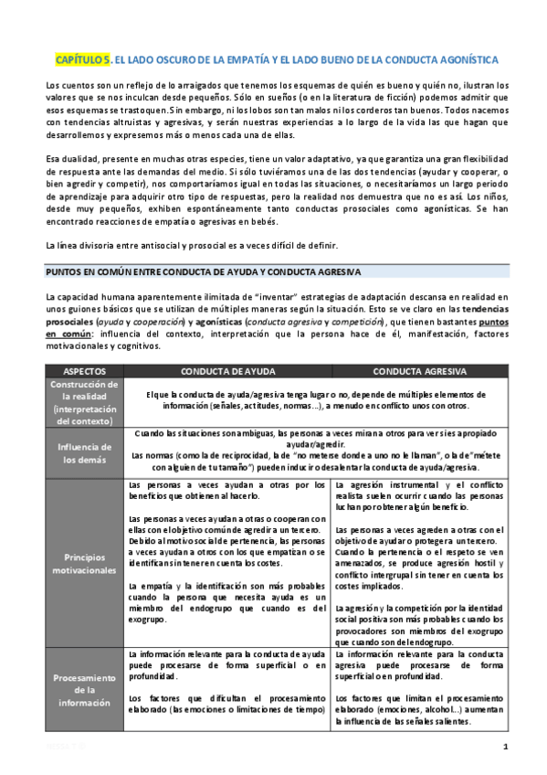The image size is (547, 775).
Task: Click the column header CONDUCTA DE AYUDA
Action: (226, 373)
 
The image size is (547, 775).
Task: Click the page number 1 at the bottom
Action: (505, 748)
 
